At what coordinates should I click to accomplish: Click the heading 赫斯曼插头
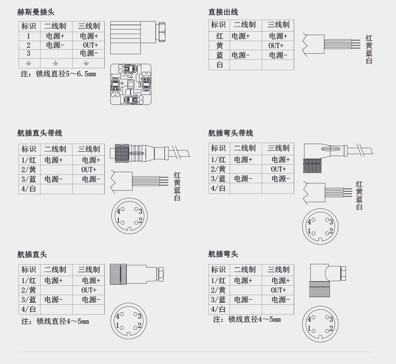(36, 12)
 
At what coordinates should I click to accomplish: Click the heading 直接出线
(223, 12)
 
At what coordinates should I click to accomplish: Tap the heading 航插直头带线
(40, 133)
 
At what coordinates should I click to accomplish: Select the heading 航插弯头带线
(231, 133)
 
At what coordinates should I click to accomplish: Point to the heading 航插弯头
(223, 255)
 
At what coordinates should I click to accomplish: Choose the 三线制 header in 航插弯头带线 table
(278, 148)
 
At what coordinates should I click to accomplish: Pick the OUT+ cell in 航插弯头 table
(278, 290)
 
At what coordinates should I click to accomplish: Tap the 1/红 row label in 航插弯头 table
(218, 281)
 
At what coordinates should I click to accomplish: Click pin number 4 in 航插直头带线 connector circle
(119, 211)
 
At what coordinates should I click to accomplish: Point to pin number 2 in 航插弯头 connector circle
(331, 329)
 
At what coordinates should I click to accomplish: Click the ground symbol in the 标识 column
(29, 63)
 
